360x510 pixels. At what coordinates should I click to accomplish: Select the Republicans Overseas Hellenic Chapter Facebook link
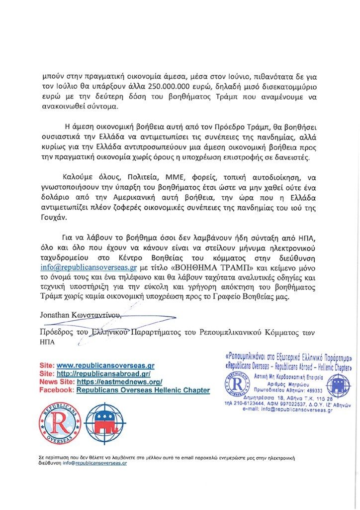[x=143, y=390]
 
